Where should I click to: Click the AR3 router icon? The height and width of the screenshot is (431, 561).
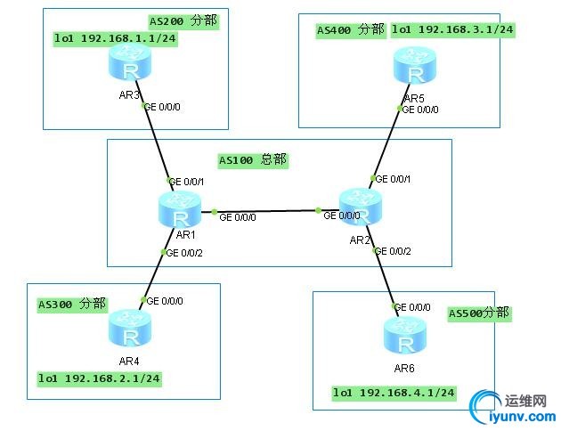click(x=130, y=62)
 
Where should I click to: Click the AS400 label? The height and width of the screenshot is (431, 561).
click(x=350, y=29)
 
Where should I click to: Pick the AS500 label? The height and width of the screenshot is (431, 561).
click(x=479, y=313)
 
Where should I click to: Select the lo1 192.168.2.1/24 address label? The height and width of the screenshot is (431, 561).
click(x=99, y=378)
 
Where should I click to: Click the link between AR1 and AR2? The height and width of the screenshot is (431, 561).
click(x=267, y=211)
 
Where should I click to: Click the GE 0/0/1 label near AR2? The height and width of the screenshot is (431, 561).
click(x=394, y=179)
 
